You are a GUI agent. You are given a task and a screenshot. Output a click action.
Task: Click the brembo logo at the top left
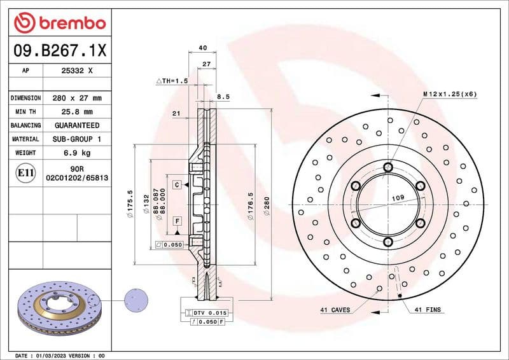[59, 23]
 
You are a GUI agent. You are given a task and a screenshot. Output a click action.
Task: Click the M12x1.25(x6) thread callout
[450, 94]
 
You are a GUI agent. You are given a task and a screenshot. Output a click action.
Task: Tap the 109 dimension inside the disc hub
[397, 198]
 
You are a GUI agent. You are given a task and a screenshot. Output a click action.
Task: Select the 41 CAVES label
[336, 310]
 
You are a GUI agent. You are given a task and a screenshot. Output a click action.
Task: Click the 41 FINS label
[428, 310]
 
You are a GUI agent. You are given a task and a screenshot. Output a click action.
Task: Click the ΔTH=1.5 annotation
[172, 81]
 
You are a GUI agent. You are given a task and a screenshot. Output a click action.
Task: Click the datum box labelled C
[176, 184]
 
